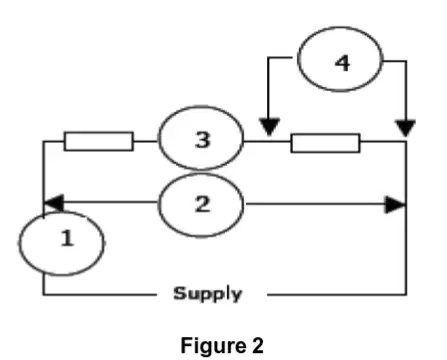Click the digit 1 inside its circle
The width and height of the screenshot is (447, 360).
[67, 238]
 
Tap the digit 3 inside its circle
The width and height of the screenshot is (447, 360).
[203, 140]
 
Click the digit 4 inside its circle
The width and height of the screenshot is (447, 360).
[342, 63]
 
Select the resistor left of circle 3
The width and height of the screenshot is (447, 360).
[99, 142]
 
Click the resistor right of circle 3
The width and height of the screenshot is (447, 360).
[325, 143]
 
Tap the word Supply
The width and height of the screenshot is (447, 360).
[207, 294]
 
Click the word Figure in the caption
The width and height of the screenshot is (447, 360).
[213, 345]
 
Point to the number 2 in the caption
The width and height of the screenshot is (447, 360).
[258, 345]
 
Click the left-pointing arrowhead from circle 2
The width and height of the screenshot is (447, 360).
[53, 203]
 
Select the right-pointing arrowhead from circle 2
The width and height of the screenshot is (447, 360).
[396, 205]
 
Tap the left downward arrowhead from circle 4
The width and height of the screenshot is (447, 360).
[269, 127]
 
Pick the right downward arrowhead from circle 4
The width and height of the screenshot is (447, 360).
[405, 128]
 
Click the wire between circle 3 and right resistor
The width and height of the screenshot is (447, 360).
[267, 142]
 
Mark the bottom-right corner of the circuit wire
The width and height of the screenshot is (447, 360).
[406, 295]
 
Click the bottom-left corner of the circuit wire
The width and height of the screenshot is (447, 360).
[43, 295]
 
